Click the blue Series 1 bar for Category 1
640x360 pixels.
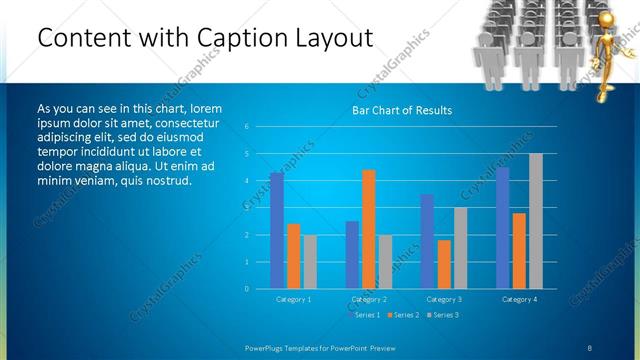[277, 231]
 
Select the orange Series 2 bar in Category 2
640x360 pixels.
[369, 229]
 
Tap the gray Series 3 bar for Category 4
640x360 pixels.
[535, 221]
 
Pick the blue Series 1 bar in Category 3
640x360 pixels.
[427, 241]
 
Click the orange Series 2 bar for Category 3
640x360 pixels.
[444, 264]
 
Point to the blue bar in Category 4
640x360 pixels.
[502, 228]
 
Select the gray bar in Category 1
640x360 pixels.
[310, 262]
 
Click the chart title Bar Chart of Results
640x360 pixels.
[402, 110]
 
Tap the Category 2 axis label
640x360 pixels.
[369, 299]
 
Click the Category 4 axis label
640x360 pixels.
[519, 299]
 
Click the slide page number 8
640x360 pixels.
[590, 347]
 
